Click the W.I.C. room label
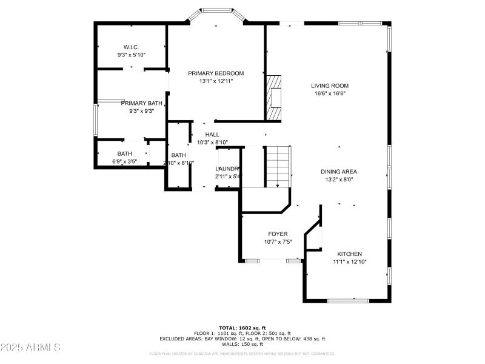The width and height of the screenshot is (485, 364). point(132,47)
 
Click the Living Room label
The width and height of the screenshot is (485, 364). point(330,86)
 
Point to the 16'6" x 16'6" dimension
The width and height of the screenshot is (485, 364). point(330,93)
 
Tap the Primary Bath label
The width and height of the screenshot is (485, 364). point(141,103)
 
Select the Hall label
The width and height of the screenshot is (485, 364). point(212,135)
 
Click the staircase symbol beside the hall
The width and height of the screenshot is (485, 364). point(278,167)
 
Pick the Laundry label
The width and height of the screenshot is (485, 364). point(229,169)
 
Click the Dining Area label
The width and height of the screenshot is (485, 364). point(338,172)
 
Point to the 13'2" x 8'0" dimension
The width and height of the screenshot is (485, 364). point(338,180)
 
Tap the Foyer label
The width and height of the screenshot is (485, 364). point(278,234)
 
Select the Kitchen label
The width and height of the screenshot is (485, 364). point(350,254)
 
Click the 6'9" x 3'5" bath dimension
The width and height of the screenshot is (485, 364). point(125,161)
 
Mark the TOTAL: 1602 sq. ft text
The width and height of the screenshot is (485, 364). point(242,328)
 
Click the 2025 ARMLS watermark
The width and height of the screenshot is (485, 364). point(30,348)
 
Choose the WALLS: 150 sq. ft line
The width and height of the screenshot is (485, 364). point(242,344)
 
